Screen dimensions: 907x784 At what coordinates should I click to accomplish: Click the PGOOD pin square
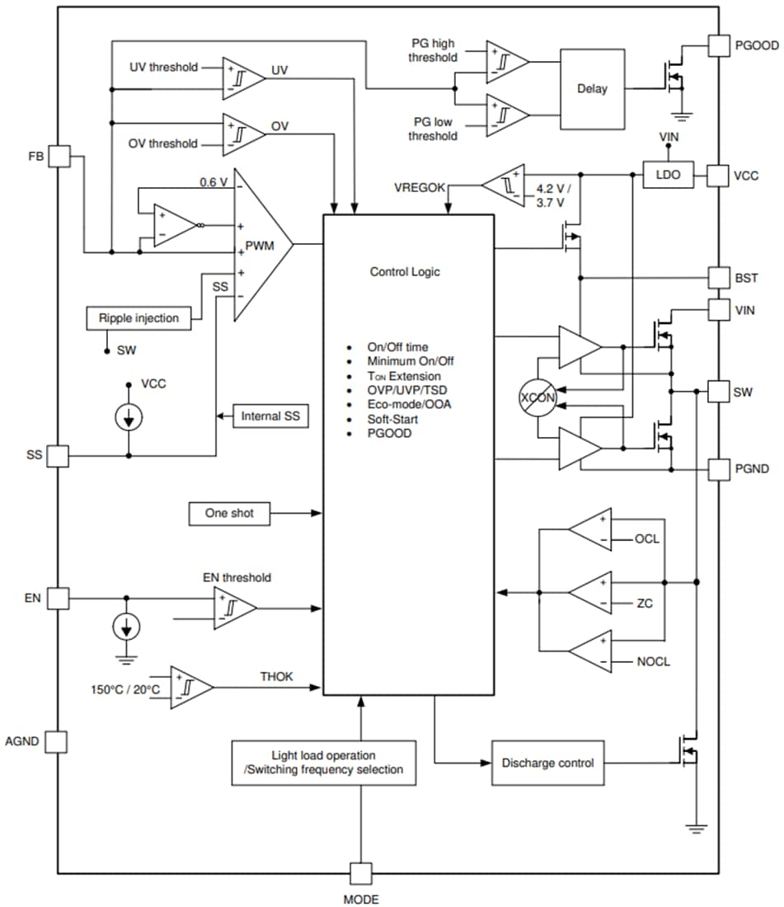pyautogui.click(x=720, y=46)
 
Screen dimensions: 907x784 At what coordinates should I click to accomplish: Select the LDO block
pyautogui.click(x=668, y=175)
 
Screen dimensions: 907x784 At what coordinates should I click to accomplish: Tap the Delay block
pyautogui.click(x=592, y=88)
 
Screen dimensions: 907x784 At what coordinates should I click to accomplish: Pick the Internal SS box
pyautogui.click(x=271, y=416)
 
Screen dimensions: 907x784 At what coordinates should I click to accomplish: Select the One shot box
pyautogui.click(x=230, y=513)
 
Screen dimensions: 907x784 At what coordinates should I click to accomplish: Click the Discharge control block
pyautogui.click(x=547, y=763)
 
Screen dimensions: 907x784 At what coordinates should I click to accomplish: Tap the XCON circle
pyautogui.click(x=538, y=397)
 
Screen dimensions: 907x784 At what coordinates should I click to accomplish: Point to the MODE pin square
pyautogui.click(x=360, y=874)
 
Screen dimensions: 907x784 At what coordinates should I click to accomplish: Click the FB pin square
pyautogui.click(x=59, y=155)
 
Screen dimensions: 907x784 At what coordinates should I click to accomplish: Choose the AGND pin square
pyautogui.click(x=56, y=741)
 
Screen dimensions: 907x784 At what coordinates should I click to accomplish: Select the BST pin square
pyautogui.click(x=720, y=277)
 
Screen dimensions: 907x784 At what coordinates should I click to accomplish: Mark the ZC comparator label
pyautogui.click(x=645, y=604)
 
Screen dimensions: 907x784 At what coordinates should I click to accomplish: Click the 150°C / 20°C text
pyautogui.click(x=126, y=688)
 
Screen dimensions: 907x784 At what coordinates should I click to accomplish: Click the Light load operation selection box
pyautogui.click(x=324, y=762)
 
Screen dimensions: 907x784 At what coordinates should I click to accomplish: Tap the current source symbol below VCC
pyautogui.click(x=128, y=417)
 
